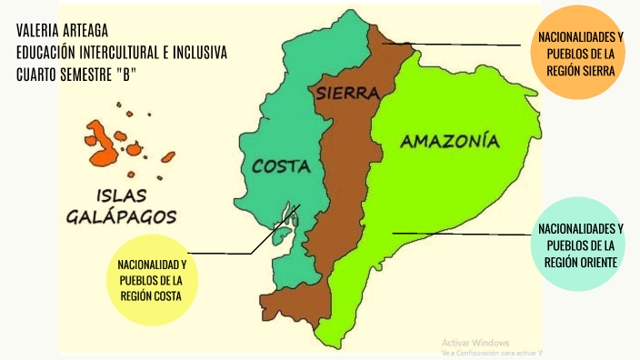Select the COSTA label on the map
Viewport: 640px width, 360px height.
[x=281, y=166]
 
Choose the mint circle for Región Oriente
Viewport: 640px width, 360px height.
[x=581, y=245]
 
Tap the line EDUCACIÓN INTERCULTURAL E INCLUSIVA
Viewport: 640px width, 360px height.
[x=122, y=54]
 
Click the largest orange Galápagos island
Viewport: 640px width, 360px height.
[x=104, y=146]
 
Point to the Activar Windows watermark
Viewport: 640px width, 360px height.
[x=475, y=342]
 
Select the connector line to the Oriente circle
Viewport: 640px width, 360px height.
[x=464, y=234]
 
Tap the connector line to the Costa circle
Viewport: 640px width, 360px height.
[x=223, y=253]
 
